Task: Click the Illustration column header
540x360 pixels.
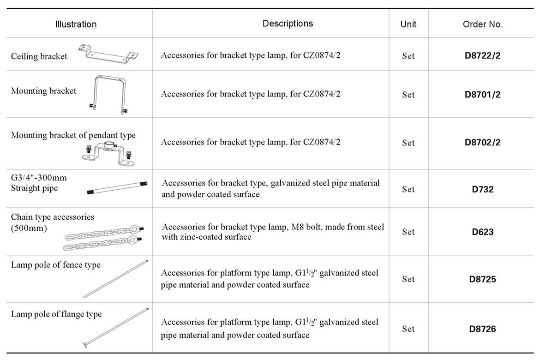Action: click(76, 24)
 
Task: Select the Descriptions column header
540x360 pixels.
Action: click(288, 24)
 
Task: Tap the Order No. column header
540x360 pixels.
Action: click(482, 24)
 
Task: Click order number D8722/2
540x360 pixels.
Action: click(482, 55)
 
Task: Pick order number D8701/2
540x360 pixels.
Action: click(482, 95)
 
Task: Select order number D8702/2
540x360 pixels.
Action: click(482, 142)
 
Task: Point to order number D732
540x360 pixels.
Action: click(482, 189)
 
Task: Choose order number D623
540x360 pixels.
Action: click(482, 232)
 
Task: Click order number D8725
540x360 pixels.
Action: click(482, 279)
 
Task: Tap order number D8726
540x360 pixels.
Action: click(482, 329)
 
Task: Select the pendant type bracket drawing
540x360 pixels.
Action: click(108, 155)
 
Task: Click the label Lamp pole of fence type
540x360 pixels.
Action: click(56, 264)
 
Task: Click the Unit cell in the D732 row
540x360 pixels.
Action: click(408, 189)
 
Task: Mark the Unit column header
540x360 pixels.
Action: click(408, 24)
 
